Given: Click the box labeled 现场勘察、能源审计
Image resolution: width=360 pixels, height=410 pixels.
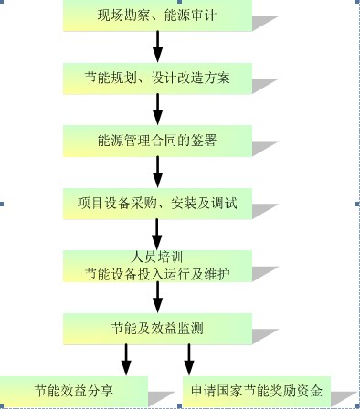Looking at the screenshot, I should pyautogui.click(x=157, y=16).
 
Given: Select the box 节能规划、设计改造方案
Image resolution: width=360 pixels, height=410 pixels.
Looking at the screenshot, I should pyautogui.click(x=157, y=79).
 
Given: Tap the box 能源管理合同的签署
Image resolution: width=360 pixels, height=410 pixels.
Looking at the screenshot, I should pyautogui.click(x=157, y=142).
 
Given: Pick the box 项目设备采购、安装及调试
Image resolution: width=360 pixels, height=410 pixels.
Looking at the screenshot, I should pyautogui.click(x=157, y=203).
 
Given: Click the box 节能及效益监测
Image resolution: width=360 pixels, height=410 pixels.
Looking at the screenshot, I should pyautogui.click(x=157, y=327).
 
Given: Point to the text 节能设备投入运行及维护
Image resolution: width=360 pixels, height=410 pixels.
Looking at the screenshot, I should pyautogui.click(x=157, y=271).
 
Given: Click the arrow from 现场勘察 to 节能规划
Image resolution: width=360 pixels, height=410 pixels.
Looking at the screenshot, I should pyautogui.click(x=157, y=47).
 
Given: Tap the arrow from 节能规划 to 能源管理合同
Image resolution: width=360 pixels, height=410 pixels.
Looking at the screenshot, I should pyautogui.click(x=157, y=110).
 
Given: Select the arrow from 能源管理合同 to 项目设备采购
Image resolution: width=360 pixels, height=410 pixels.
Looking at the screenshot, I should pyautogui.click(x=157, y=172).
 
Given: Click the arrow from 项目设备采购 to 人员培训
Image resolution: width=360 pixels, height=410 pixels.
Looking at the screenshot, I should pyautogui.click(x=157, y=232).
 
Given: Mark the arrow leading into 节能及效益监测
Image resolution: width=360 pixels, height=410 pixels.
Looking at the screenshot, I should pyautogui.click(x=157, y=298).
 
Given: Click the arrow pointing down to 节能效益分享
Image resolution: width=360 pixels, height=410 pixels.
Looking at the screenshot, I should pyautogui.click(x=126, y=358).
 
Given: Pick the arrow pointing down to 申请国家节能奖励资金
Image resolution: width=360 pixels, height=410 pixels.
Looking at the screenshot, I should pyautogui.click(x=189, y=358).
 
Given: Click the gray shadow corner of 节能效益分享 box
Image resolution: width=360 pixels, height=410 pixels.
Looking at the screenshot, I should pyautogui.click(x=163, y=397).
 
